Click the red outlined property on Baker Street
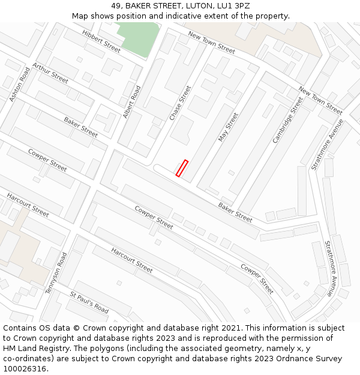182,168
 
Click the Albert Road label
131,101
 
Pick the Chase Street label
180,103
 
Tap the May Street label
228,127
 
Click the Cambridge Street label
287,120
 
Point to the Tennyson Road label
56,273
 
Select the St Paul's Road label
89,303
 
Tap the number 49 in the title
115,6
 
